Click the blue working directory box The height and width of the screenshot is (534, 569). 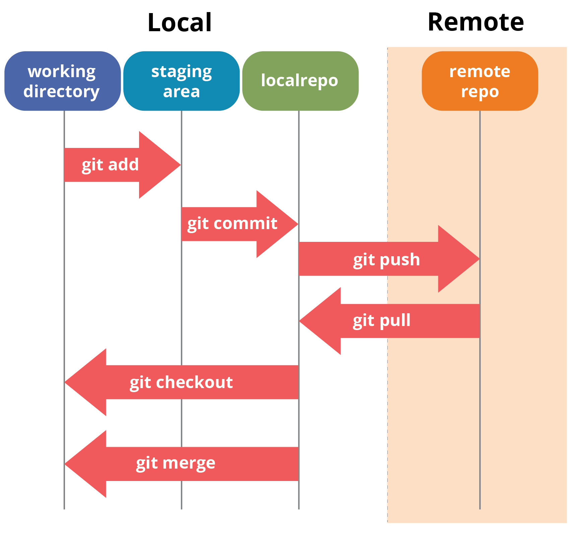62,81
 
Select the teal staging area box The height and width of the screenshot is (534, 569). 181,81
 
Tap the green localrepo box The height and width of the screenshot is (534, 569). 300,81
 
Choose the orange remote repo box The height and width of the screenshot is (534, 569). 480,81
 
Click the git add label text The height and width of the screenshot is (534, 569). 110,165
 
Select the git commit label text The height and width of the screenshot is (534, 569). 232,224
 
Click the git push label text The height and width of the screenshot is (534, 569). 386,260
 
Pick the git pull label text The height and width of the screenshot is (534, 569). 381,320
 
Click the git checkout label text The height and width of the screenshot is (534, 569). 181,382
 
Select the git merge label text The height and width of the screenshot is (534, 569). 175,464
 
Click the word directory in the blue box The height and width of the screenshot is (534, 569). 61,91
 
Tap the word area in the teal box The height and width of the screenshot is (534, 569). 181,92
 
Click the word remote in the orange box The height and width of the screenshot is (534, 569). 480,71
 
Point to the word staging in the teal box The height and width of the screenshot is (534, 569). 181,72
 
